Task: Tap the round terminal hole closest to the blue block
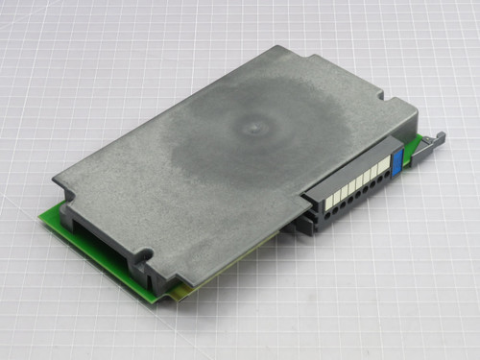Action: click(x=387, y=180)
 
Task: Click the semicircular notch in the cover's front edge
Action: click(x=144, y=257)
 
